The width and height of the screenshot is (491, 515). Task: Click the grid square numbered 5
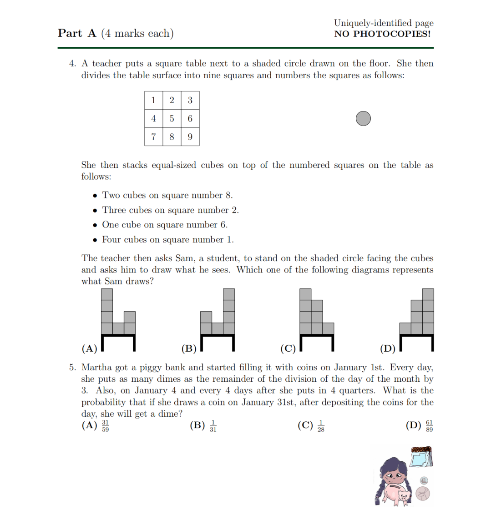coord(172,118)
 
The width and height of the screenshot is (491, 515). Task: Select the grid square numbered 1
coord(153,100)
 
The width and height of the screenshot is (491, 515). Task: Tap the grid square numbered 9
coord(190,136)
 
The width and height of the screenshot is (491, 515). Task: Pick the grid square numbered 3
coord(190,100)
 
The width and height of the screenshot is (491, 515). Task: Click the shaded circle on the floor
coord(363,119)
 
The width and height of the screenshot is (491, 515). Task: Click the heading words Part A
coord(77,33)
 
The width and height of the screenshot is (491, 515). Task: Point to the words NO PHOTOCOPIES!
coord(382,34)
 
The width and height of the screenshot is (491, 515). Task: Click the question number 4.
coord(73,64)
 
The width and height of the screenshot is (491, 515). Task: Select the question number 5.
coord(73,368)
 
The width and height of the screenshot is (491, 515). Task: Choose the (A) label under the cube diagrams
coord(90,348)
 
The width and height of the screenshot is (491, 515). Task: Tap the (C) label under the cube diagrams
coord(288,348)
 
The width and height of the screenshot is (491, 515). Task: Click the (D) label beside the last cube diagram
coord(388,348)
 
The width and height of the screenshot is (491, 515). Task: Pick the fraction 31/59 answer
coord(105,426)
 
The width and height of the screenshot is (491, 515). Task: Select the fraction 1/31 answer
coord(213,426)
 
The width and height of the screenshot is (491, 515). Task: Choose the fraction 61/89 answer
coord(429,426)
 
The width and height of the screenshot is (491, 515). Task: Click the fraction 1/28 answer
coord(321,426)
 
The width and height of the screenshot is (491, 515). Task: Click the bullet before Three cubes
coord(95,211)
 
